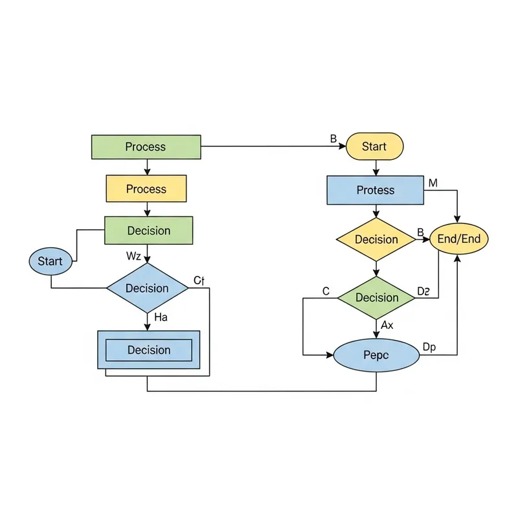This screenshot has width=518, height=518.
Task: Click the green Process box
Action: tap(146, 147)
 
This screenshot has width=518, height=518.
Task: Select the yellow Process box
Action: tap(146, 189)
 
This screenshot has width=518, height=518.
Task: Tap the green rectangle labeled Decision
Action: tap(148, 231)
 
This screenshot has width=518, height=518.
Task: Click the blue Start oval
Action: tap(50, 262)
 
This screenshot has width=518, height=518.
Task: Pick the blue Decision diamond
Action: tap(147, 288)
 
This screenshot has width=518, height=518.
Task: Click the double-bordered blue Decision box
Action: tap(148, 350)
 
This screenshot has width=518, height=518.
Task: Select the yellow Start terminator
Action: tap(374, 146)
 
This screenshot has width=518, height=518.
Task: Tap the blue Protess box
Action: tap(376, 190)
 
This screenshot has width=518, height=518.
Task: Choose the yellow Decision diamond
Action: tap(376, 240)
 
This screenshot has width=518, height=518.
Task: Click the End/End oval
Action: tap(459, 239)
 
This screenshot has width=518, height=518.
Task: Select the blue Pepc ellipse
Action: tap(376, 355)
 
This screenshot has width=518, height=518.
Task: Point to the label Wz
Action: tap(133, 256)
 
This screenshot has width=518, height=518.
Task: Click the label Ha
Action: tap(161, 317)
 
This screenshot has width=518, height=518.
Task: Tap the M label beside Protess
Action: tap(433, 183)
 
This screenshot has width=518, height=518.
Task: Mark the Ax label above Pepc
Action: tap(387, 325)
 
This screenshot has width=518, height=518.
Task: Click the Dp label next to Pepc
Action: tap(429, 348)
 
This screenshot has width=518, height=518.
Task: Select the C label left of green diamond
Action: tap(326, 292)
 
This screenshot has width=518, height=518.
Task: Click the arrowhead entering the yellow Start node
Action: tap(343, 146)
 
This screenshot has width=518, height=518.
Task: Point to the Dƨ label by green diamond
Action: tap(423, 292)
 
